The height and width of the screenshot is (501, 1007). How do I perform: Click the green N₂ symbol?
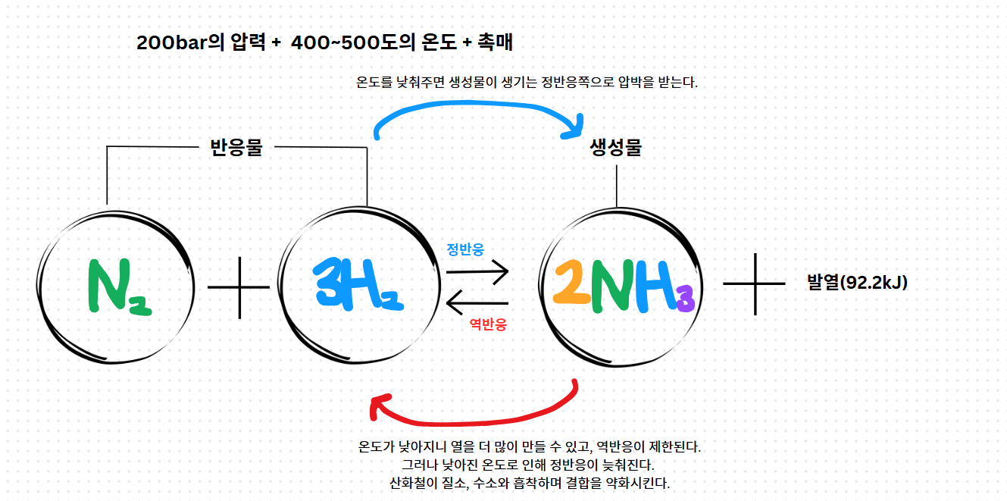pyautogui.click(x=118, y=287)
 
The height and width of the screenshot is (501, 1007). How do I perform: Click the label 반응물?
pyautogui.click(x=236, y=147)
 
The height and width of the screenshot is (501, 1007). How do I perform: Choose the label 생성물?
pyautogui.click(x=615, y=148)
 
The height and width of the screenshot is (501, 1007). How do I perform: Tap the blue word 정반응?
pyautogui.click(x=465, y=249)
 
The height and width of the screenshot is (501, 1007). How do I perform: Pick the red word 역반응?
pyautogui.click(x=488, y=325)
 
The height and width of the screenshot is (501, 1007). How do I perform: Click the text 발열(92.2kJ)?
pyautogui.click(x=857, y=283)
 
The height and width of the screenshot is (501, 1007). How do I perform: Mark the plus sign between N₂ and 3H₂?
pyautogui.click(x=239, y=287)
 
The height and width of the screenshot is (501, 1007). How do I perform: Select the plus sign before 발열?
pyautogui.click(x=754, y=283)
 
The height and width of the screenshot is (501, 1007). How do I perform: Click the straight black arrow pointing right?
pyautogui.click(x=477, y=272)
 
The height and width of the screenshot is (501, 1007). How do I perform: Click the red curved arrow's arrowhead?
pyautogui.click(x=377, y=406)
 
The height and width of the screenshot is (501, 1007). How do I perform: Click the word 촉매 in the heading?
pyautogui.click(x=496, y=43)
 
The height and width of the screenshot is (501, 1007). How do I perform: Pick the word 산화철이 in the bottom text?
pyautogui.click(x=409, y=483)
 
